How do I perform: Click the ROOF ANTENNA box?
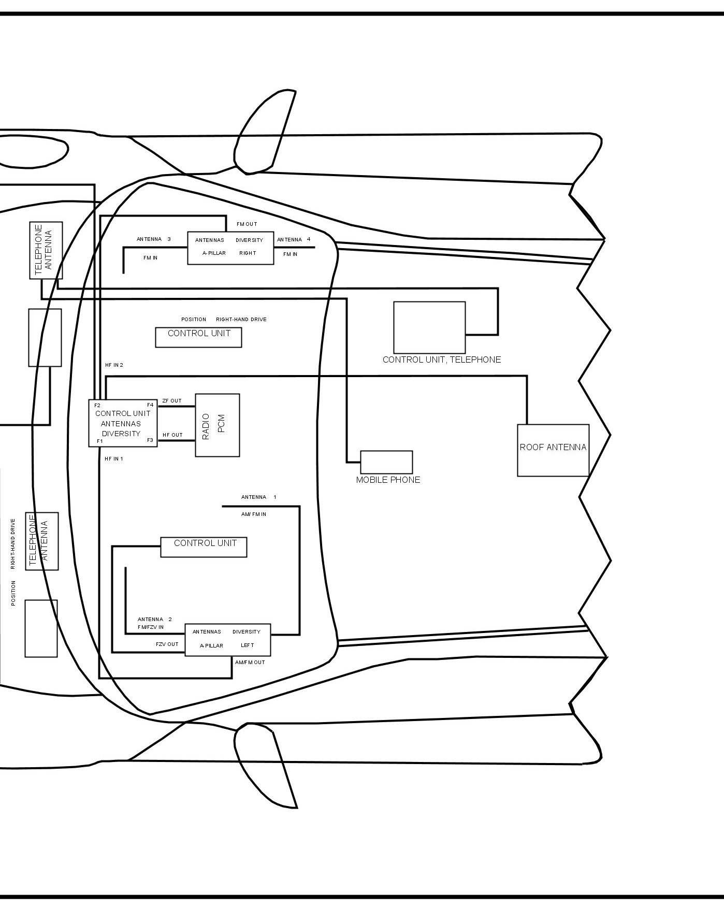click(553, 450)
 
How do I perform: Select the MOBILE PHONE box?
click(386, 462)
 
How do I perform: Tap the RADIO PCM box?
click(218, 425)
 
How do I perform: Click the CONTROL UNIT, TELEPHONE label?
click(442, 359)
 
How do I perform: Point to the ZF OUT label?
click(172, 401)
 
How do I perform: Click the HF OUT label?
click(172, 435)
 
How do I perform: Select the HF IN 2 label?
click(114, 365)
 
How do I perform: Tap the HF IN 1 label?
click(114, 459)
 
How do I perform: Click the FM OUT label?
click(247, 224)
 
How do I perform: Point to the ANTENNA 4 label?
click(294, 240)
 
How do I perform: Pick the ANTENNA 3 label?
click(154, 239)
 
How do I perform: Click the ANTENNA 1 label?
click(258, 497)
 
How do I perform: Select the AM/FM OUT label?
click(250, 663)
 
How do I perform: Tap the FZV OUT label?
click(167, 644)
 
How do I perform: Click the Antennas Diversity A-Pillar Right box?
click(230, 248)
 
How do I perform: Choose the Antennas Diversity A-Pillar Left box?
click(228, 639)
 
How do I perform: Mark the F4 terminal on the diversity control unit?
click(150, 405)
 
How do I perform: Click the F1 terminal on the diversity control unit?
click(100, 441)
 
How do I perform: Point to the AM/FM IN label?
click(254, 514)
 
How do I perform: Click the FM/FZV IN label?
click(151, 627)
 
